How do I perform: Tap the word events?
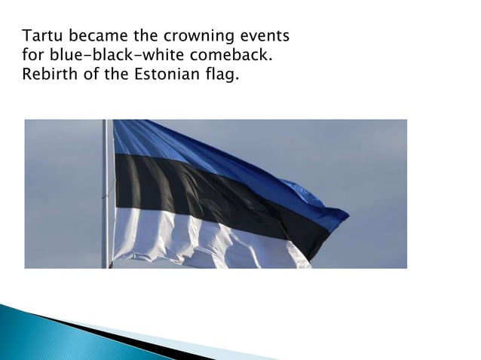click(x=263, y=35)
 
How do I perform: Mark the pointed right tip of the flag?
click(x=347, y=217)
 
